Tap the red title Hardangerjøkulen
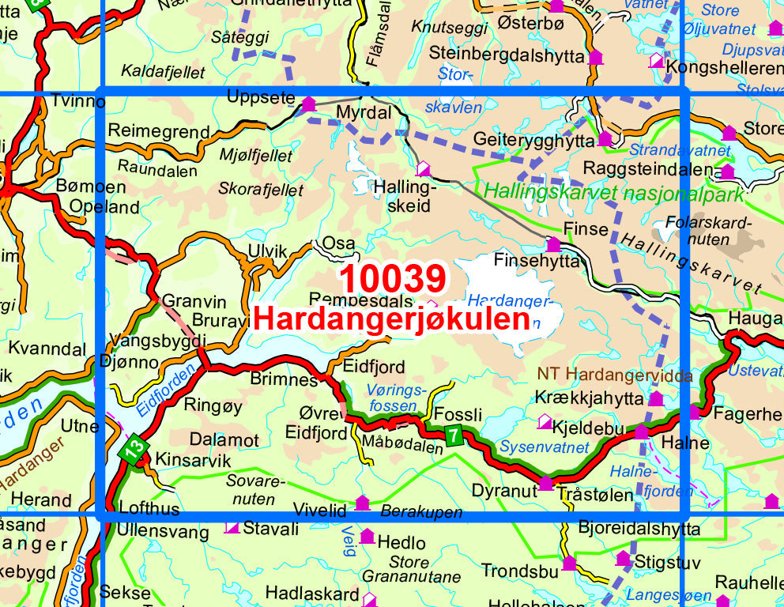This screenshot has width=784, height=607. [x=392, y=319]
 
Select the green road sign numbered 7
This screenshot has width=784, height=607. [x=453, y=435]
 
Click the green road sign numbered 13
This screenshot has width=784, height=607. [x=134, y=451]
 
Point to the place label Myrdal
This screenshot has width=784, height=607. [x=364, y=113]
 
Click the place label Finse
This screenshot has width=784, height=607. [x=586, y=229]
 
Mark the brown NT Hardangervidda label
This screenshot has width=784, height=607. [x=616, y=375]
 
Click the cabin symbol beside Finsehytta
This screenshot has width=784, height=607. [x=553, y=244]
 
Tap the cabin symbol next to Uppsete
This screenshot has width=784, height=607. [x=308, y=104]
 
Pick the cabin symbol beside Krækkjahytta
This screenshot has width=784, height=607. [x=655, y=398]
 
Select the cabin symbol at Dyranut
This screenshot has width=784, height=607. [x=545, y=483]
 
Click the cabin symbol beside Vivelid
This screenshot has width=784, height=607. [x=362, y=503]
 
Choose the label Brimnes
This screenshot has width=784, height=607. [x=282, y=379]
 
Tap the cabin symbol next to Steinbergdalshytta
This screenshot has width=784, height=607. [x=596, y=57]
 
